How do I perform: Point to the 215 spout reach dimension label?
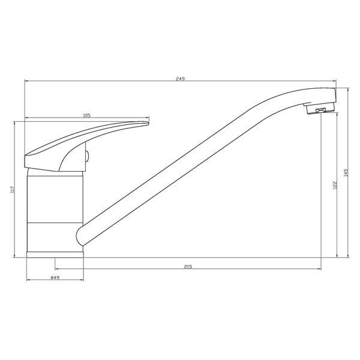pyautogui.click(x=188, y=266)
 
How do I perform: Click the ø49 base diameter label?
pyautogui.click(x=54, y=278)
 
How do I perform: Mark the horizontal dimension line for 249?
pyautogui.click(x=120, y=82)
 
